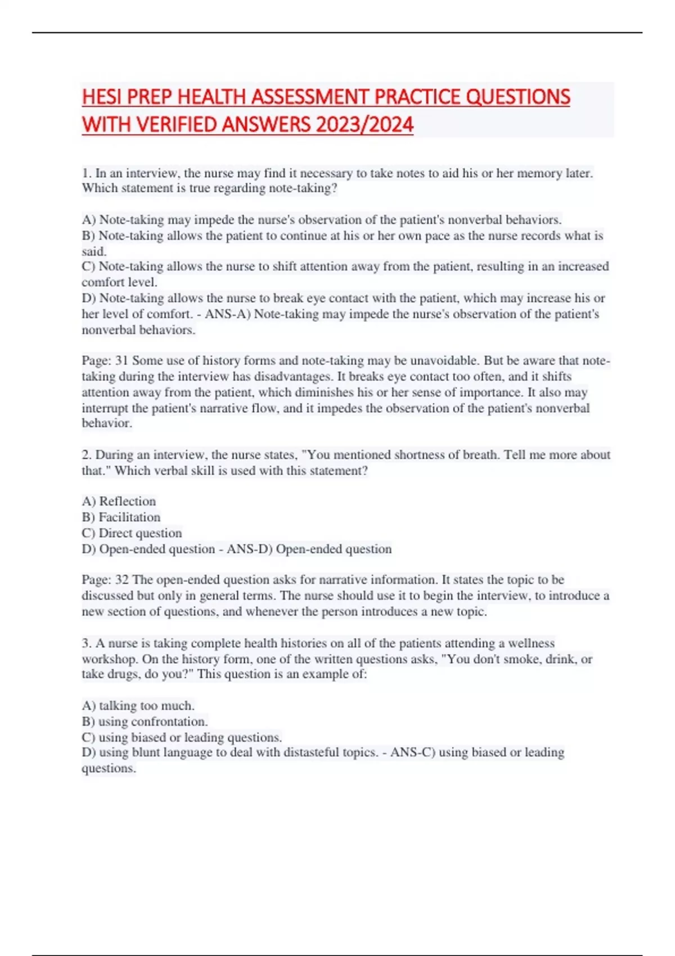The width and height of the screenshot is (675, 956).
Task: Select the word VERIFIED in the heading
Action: pyautogui.click(x=183, y=124)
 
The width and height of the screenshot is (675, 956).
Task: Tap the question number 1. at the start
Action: pyautogui.click(x=87, y=173)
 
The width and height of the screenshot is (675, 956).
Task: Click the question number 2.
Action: pyautogui.click(x=87, y=454)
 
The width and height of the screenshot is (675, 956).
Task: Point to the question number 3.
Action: pyautogui.click(x=87, y=643)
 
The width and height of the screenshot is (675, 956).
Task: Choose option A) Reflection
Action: pyautogui.click(x=119, y=501)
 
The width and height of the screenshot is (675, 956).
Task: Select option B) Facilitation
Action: pyautogui.click(x=121, y=517)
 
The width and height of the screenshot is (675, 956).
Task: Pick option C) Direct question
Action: pyautogui.click(x=132, y=533)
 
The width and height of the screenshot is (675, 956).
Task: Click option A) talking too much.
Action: pyautogui.click(x=138, y=705)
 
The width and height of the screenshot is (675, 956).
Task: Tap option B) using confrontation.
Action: pyautogui.click(x=145, y=721)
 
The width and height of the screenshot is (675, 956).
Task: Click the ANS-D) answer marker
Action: pyautogui.click(x=249, y=549)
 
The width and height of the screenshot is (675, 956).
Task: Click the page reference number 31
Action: pyautogui.click(x=121, y=360)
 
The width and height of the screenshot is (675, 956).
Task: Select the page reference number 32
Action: pyautogui.click(x=121, y=580)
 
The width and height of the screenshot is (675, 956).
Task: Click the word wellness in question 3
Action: pyautogui.click(x=531, y=643)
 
